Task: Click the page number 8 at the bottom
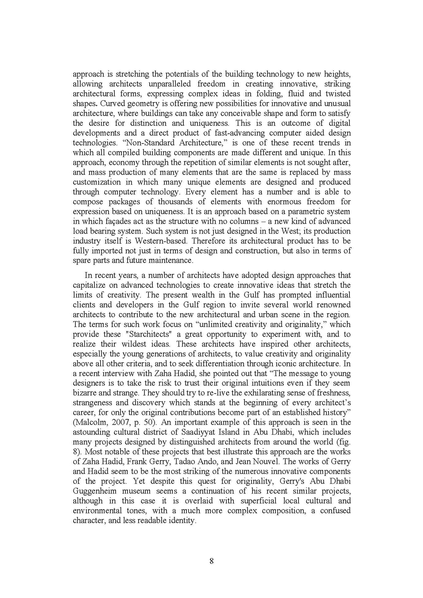click(x=211, y=561)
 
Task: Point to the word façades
click(x=107, y=221)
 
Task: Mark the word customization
click(x=97, y=182)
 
